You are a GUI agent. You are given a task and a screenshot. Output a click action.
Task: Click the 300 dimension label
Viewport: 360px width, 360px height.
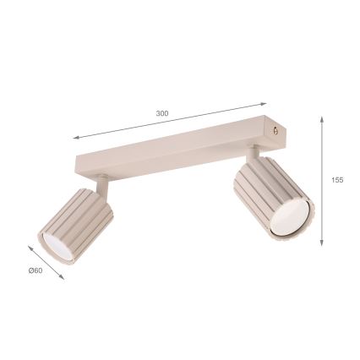pos(162,113)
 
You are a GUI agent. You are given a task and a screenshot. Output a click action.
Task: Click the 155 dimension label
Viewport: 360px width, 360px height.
pos(337,179)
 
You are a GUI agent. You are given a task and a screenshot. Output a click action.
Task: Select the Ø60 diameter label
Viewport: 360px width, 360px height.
pos(35,270)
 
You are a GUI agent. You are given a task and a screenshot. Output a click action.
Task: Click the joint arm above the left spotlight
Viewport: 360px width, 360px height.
pos(101,182)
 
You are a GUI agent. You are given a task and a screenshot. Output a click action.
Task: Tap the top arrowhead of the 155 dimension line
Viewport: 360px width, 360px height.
pos(322,119)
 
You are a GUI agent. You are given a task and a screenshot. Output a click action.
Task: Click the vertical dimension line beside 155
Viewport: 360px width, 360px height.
pos(322,182)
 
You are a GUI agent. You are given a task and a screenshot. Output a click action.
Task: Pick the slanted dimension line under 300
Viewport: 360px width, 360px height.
pos(169,121)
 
